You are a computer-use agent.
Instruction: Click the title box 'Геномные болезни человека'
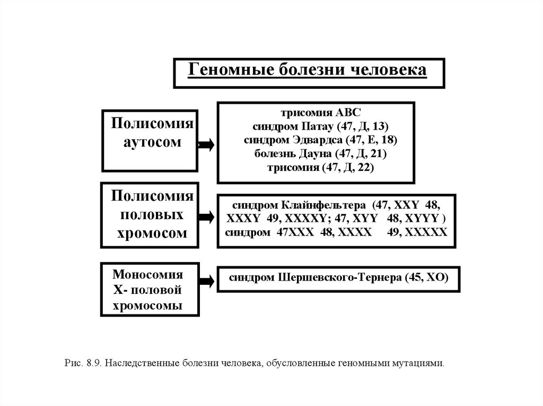(309, 73)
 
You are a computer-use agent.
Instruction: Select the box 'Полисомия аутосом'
(150, 140)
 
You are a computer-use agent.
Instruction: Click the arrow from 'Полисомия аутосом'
(207, 145)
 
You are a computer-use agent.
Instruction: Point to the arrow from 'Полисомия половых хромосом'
(207, 216)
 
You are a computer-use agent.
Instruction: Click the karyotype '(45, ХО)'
(427, 278)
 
